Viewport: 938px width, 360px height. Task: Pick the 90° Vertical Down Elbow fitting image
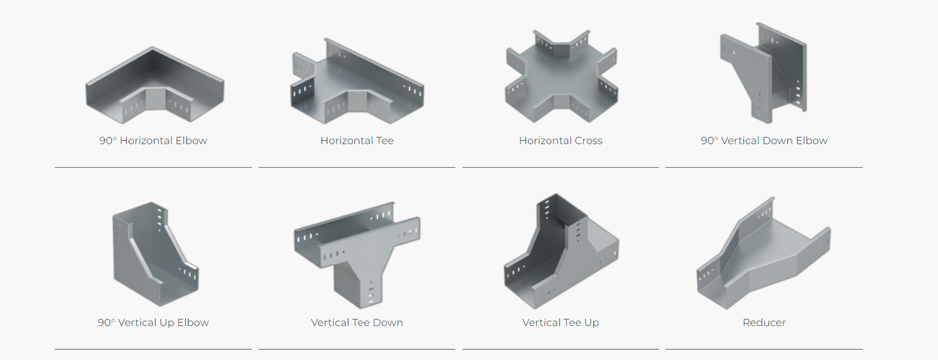coord(763,73)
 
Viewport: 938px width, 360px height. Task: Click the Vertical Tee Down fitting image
coord(357,256)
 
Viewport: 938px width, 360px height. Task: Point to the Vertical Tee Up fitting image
coord(561,251)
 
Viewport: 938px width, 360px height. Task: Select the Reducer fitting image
coord(763,253)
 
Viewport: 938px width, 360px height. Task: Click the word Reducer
coord(764,322)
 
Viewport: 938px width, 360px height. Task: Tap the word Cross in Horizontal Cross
coord(589,141)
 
